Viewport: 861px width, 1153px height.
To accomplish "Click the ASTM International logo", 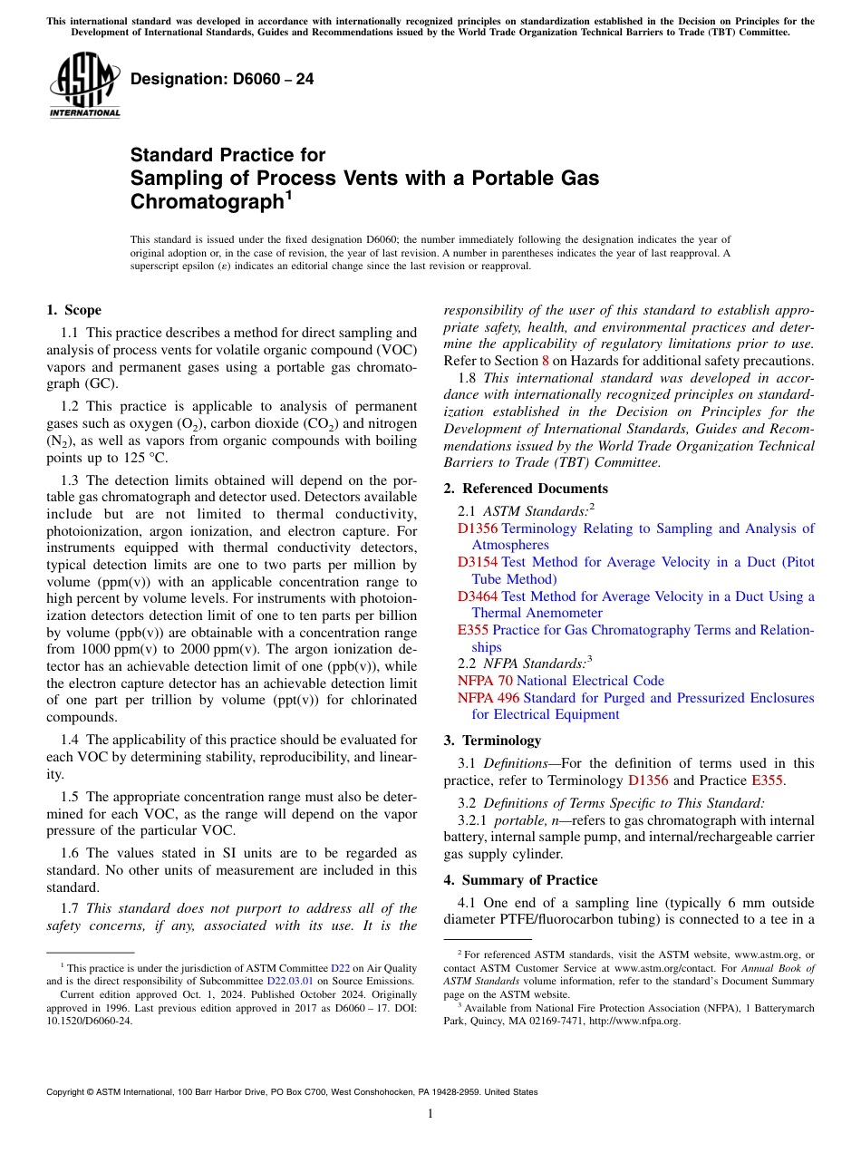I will point(84,85).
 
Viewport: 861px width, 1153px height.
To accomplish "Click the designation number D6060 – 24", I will point(222,80).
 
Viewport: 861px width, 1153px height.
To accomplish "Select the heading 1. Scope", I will point(74,310).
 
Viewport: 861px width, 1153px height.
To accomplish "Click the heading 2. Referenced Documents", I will point(526,489).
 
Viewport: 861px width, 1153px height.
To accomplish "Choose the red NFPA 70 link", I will point(485,681).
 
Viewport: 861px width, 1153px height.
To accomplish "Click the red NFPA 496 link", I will point(489,698).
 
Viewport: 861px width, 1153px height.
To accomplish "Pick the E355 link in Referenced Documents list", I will point(472,630).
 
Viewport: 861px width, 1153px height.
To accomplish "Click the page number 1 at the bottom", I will point(430,1114).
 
